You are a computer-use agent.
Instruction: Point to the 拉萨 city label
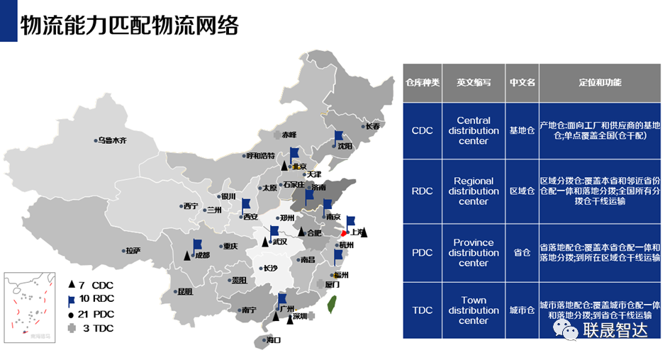point(132,250)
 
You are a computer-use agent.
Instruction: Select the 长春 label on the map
point(372,126)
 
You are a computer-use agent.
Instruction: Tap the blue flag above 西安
point(245,205)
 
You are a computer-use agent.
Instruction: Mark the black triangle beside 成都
point(187,255)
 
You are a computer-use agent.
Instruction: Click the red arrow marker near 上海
point(345,233)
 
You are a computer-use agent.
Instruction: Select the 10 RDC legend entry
point(91,299)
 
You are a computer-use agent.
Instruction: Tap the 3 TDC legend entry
point(91,328)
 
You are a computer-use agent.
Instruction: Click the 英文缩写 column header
point(473,82)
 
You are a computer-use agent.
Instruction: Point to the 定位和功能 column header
point(600,82)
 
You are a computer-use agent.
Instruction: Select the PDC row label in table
point(423,253)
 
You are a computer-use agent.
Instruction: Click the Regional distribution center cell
point(473,191)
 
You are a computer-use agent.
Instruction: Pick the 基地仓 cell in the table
point(523,130)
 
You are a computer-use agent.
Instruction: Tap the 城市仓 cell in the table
point(523,310)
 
